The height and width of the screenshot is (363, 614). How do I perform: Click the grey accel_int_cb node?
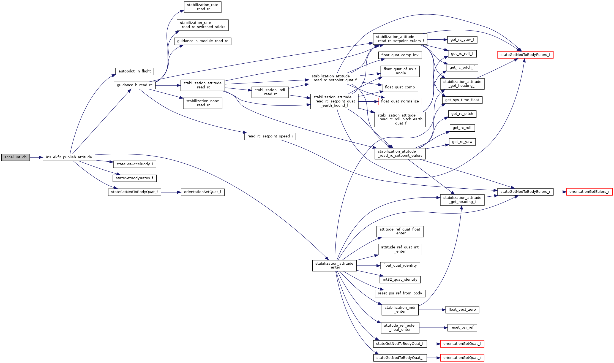(x=15, y=157)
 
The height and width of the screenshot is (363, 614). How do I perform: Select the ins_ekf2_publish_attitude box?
(x=69, y=157)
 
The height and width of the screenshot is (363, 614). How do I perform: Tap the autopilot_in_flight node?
(x=135, y=71)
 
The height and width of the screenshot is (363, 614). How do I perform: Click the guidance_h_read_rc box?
(x=135, y=85)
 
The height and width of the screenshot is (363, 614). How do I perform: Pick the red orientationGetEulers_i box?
(x=589, y=192)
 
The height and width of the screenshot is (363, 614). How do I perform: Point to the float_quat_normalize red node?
(x=400, y=101)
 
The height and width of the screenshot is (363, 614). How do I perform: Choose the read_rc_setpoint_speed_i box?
(x=270, y=136)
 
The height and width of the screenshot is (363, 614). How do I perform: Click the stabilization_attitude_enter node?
(x=334, y=266)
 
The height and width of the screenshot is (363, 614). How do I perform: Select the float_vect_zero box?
(x=462, y=310)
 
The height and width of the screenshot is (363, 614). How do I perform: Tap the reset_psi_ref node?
(x=462, y=327)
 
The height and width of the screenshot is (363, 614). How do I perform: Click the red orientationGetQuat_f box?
(x=462, y=344)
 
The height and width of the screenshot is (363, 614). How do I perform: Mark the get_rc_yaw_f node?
(x=462, y=40)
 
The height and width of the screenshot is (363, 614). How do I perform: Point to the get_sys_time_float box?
(x=462, y=100)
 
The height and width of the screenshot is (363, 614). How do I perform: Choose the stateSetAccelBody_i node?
(x=135, y=164)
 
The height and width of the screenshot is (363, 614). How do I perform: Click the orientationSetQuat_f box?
(x=203, y=192)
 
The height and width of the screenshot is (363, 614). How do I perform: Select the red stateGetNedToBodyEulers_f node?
(x=525, y=55)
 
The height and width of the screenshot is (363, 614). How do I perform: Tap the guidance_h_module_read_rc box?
(x=203, y=41)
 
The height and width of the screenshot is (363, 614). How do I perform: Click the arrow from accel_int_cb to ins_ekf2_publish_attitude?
(x=36, y=157)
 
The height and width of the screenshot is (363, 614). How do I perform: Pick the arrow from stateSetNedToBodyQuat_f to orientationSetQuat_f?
(x=171, y=192)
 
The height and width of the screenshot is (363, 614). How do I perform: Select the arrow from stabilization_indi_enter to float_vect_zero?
(x=432, y=310)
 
